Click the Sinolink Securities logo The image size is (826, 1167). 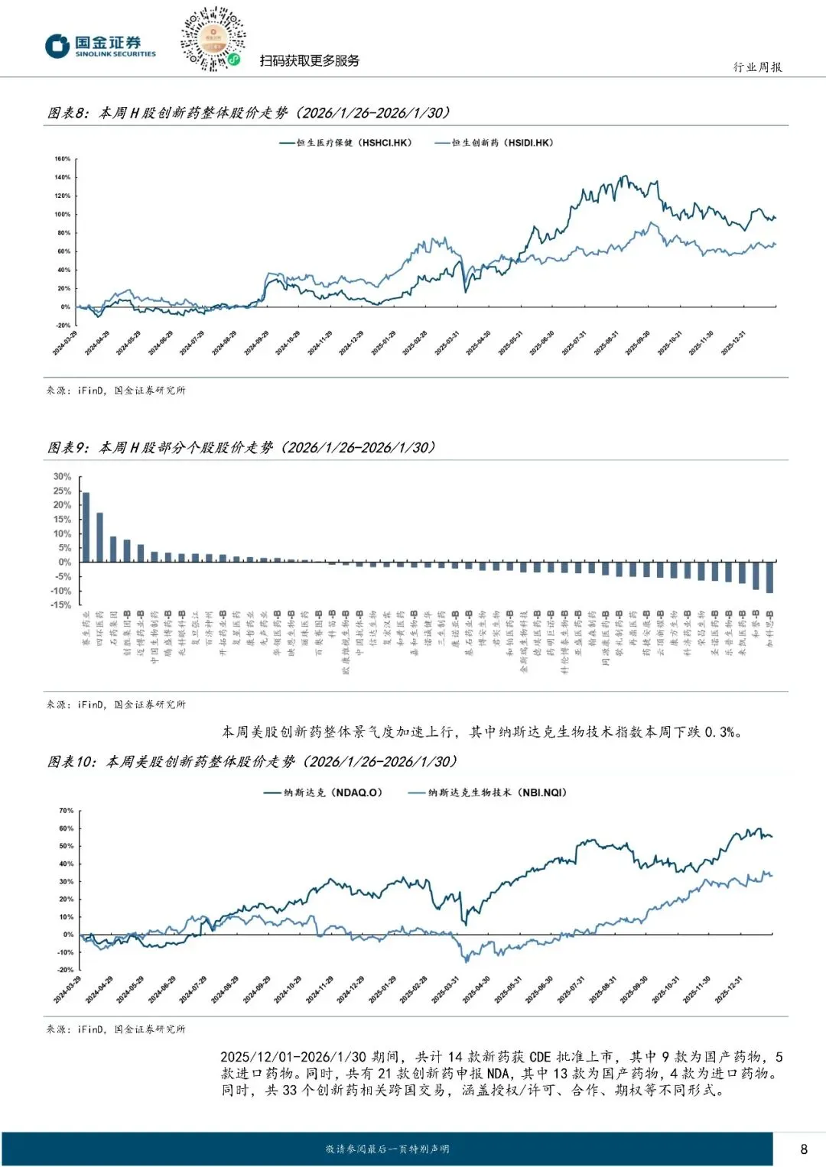click(99, 47)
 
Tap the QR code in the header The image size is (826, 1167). click(213, 39)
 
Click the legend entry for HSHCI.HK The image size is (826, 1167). click(345, 143)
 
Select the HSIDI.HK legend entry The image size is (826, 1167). click(494, 143)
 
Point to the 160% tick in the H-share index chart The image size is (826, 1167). click(63, 159)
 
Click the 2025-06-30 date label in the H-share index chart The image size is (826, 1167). click(545, 342)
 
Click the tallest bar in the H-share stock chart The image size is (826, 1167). click(86, 527)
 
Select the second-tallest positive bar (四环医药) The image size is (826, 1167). click(99, 536)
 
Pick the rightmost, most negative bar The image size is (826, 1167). click(769, 577)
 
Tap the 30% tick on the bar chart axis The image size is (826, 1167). click(62, 476)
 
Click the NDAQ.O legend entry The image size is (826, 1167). click(323, 793)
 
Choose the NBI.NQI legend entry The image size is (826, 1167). click(488, 793)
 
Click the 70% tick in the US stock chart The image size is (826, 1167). click(67, 810)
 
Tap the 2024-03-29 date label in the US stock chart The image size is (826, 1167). click(68, 990)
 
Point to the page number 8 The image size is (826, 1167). click(803, 1149)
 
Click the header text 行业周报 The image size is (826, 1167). click(757, 67)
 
